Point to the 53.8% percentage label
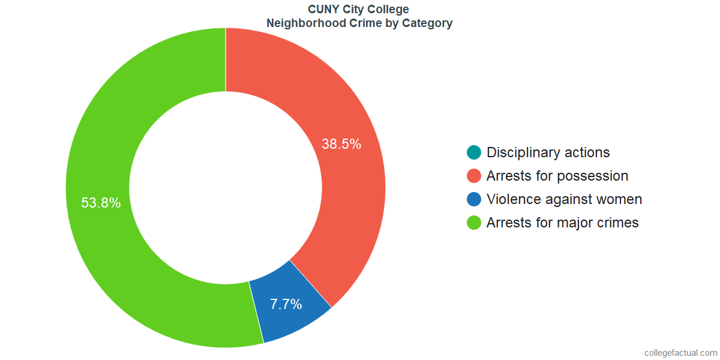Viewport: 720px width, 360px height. click(x=101, y=203)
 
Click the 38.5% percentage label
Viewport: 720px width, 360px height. click(x=341, y=144)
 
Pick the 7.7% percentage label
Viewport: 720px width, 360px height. click(x=286, y=304)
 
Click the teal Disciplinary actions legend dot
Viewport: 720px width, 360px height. click(x=474, y=152)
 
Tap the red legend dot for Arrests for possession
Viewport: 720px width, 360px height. click(x=474, y=176)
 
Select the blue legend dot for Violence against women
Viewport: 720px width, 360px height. click(x=474, y=199)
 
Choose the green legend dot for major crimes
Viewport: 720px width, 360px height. click(x=474, y=223)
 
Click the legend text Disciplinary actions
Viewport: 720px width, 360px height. click(x=548, y=152)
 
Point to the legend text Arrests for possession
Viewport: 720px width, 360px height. click(x=557, y=176)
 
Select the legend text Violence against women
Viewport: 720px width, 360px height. click(x=564, y=199)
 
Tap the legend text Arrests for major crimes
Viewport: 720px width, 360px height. click(x=562, y=223)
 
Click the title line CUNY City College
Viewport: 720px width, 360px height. click(x=359, y=10)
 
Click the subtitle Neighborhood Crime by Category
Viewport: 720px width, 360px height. click(x=359, y=24)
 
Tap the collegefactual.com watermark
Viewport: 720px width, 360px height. click(x=680, y=353)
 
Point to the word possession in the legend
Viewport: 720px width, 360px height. click(x=592, y=176)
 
